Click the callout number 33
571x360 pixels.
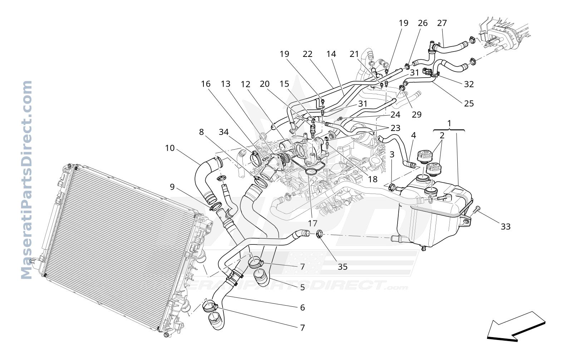pos(506,227)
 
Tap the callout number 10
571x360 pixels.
pos(170,148)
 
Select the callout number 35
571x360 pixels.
pos(343,267)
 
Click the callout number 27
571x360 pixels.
pos(442,23)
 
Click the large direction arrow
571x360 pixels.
pos(516,327)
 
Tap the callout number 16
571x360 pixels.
pos(206,84)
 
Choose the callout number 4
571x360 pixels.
pos(413,136)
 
